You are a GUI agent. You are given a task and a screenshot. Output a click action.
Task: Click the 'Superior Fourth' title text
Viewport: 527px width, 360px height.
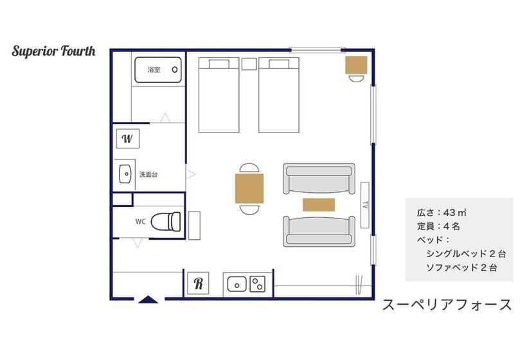pyautogui.click(x=53, y=51)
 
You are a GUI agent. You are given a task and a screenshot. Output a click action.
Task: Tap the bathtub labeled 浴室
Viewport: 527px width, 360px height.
pyautogui.click(x=158, y=70)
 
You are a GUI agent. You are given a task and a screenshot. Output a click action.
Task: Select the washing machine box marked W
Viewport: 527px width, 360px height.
pyautogui.click(x=128, y=138)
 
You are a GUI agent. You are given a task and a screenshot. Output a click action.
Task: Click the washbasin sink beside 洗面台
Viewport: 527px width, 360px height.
pyautogui.click(x=125, y=174)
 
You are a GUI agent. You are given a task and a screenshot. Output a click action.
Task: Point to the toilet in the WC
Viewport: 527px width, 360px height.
pyautogui.click(x=166, y=222)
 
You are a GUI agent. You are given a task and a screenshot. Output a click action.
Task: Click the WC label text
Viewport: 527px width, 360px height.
pyautogui.click(x=141, y=222)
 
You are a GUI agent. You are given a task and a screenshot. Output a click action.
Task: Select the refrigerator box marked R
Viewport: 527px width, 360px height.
pyautogui.click(x=198, y=283)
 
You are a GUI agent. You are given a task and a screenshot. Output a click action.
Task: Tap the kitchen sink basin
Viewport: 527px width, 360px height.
pyautogui.click(x=237, y=284)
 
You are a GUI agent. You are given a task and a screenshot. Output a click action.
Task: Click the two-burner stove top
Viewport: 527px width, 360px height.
pyautogui.click(x=258, y=284)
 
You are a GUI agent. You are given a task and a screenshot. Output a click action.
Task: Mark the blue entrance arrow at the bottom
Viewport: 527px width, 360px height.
pyautogui.click(x=148, y=299)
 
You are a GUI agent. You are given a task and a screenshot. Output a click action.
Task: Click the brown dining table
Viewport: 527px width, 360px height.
pyautogui.click(x=249, y=188)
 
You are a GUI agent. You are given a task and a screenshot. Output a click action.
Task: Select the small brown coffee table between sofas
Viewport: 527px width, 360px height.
pyautogui.click(x=319, y=204)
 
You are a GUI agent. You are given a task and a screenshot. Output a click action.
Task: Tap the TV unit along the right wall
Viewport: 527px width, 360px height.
pyautogui.click(x=364, y=205)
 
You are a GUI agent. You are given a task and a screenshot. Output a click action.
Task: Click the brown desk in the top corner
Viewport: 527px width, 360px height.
pyautogui.click(x=356, y=65)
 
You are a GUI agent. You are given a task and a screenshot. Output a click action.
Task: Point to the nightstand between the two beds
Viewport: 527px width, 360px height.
pyautogui.click(x=249, y=64)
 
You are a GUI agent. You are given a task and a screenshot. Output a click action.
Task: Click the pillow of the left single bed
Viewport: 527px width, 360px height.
pyautogui.click(x=219, y=64)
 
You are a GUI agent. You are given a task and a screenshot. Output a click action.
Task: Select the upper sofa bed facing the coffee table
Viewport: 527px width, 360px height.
pyautogui.click(x=319, y=179)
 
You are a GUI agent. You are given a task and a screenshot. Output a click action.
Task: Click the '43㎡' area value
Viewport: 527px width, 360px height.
pyautogui.click(x=455, y=212)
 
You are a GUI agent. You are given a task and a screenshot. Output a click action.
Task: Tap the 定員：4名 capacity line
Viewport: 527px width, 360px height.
pyautogui.click(x=438, y=226)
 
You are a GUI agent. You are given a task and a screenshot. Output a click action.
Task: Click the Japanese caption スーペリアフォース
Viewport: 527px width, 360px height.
pyautogui.click(x=447, y=305)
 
